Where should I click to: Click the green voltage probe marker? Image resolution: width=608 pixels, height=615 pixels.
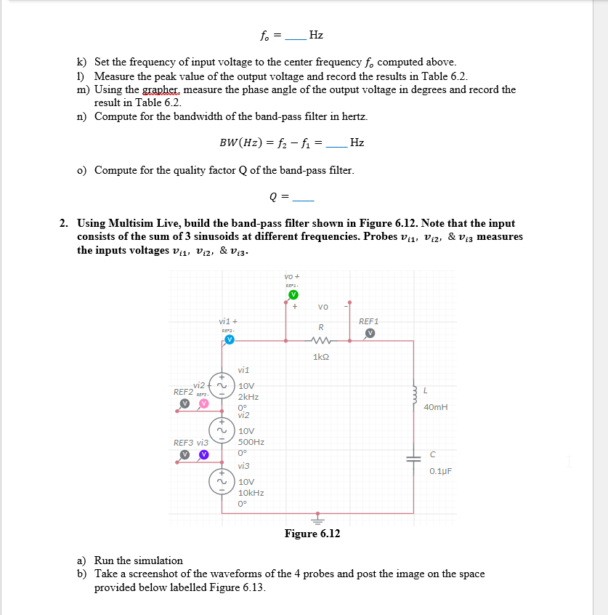tap(293, 294)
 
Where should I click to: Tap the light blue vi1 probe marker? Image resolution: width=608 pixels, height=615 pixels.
tap(229, 340)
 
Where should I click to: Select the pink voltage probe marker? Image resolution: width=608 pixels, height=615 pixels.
tap(204, 402)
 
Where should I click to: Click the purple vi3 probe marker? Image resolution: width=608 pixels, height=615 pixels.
tap(204, 454)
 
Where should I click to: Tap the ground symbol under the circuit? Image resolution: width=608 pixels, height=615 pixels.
tap(317, 518)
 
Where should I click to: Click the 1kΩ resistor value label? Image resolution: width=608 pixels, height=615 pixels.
tap(321, 357)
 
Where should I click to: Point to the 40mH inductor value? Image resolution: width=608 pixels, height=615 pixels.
tap(435, 407)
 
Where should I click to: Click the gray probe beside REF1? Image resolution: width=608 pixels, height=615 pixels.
tap(370, 333)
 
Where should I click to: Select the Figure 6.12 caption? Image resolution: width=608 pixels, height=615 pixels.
tap(312, 534)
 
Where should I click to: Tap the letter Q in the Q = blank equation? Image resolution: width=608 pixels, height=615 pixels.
tap(272, 197)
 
